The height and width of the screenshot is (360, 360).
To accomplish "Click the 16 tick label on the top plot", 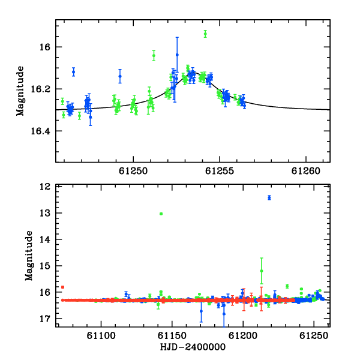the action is click(x=45, y=47).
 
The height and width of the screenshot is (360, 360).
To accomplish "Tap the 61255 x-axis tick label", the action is click(x=220, y=171).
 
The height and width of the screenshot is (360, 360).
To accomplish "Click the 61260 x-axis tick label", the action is click(x=306, y=171).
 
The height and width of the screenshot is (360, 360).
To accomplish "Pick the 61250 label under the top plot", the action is click(x=133, y=171).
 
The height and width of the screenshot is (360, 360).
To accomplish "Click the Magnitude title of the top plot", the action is click(x=20, y=91).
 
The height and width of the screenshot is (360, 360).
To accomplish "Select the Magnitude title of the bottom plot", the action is click(x=29, y=256).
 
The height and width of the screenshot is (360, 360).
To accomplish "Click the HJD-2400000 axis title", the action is click(x=193, y=347).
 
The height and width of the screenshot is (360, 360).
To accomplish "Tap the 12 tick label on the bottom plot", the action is click(x=45, y=187).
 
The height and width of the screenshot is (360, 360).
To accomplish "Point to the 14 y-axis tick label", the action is click(x=45, y=239).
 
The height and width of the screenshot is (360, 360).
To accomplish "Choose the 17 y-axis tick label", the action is click(x=45, y=319).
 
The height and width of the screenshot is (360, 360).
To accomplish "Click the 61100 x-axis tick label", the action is click(x=101, y=335).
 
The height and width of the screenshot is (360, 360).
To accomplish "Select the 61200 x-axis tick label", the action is click(x=243, y=335).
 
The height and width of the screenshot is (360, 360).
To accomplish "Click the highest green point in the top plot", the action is click(x=205, y=34).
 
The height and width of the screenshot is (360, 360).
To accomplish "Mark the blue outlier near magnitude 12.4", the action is click(x=269, y=197).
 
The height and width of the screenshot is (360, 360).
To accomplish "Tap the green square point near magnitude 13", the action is click(x=161, y=214).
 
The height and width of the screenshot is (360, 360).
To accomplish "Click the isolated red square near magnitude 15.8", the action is click(x=62, y=287).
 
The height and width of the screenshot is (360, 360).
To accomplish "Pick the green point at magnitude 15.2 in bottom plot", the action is click(x=262, y=271).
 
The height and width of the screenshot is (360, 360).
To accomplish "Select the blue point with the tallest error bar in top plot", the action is click(x=177, y=55).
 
